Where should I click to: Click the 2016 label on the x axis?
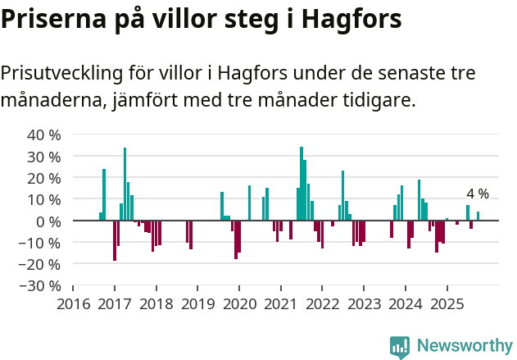[x=73, y=303]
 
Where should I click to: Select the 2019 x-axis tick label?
[x=197, y=303]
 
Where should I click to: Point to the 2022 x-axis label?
[x=322, y=303]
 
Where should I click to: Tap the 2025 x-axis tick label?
[x=447, y=303]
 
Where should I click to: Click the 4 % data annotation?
[x=478, y=194]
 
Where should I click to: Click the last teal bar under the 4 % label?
[x=478, y=216]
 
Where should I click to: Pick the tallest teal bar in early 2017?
[x=125, y=184]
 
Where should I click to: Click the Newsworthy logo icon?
[x=400, y=346]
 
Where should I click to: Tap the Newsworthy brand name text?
[x=464, y=346]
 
